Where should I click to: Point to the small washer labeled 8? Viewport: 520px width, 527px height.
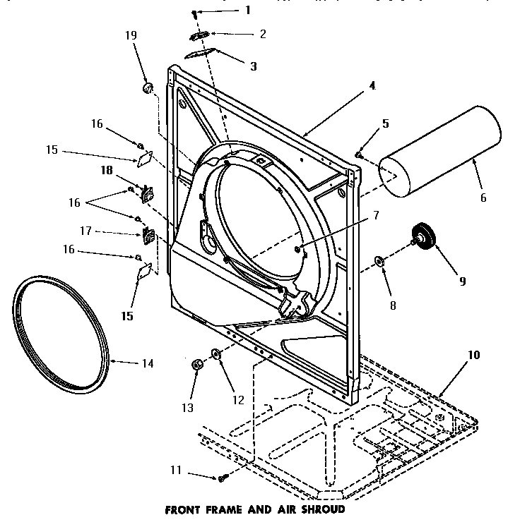pyautogui.click(x=379, y=262)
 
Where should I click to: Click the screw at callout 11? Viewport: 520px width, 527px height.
pyautogui.click(x=222, y=478)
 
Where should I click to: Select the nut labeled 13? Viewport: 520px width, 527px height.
pyautogui.click(x=197, y=364)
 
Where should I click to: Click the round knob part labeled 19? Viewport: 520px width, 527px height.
pyautogui.click(x=148, y=88)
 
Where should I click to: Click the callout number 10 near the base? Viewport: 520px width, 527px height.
pyautogui.click(x=473, y=355)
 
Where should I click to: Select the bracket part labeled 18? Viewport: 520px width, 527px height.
pyautogui.click(x=148, y=190)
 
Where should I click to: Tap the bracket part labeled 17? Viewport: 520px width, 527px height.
pyautogui.click(x=148, y=234)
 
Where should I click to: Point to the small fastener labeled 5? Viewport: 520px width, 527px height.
pyautogui.click(x=360, y=153)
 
